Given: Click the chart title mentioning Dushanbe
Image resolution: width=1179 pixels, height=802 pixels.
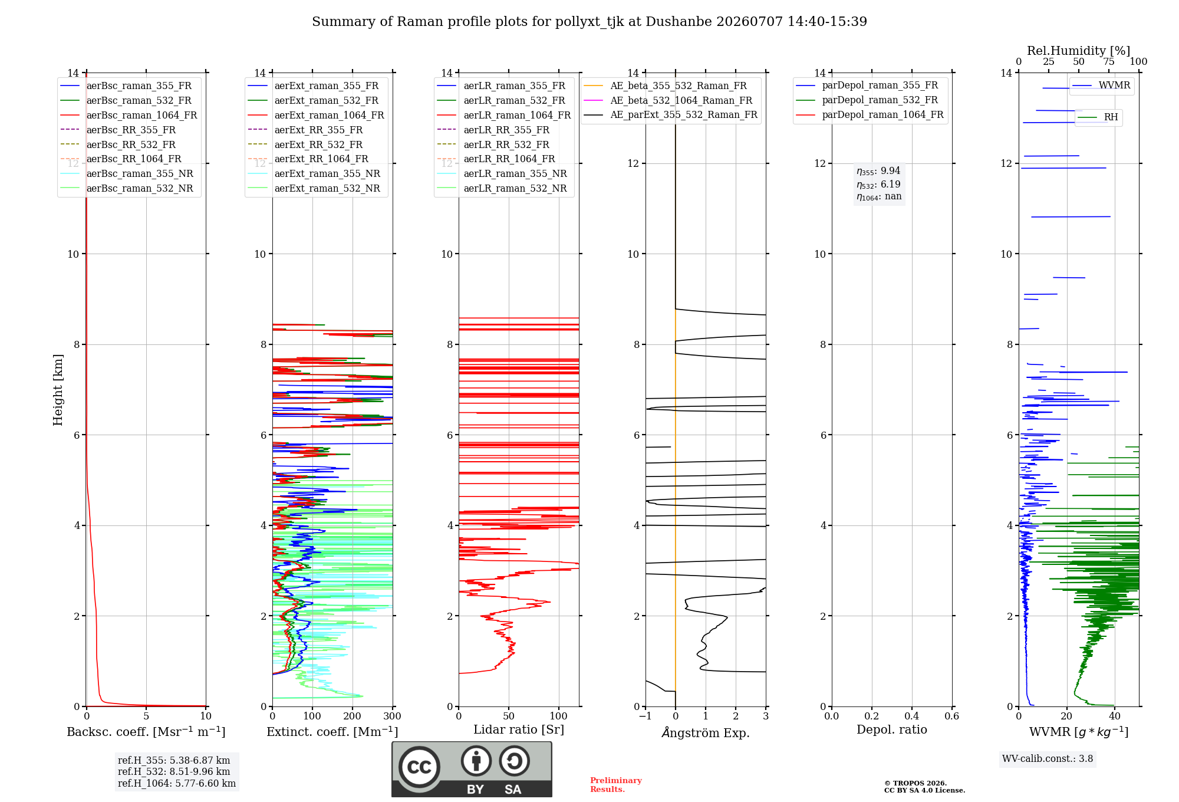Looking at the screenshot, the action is click(x=589, y=22).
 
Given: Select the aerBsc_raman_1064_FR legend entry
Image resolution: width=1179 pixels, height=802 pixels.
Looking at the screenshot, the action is click(x=129, y=115).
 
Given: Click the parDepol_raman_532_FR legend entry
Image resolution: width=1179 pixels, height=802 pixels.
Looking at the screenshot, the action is click(x=867, y=100).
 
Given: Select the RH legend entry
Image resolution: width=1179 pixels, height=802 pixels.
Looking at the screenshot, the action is click(x=1098, y=117).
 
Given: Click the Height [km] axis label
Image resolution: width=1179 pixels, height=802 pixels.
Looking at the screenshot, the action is click(x=58, y=390).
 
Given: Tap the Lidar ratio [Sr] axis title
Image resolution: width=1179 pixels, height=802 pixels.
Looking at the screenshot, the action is click(x=519, y=729).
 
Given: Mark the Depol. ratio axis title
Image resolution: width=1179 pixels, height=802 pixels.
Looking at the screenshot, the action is click(x=892, y=729).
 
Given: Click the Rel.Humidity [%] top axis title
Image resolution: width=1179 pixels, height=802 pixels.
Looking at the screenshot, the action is click(x=1079, y=51).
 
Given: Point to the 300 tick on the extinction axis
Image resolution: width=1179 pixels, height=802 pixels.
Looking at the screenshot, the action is click(x=393, y=716).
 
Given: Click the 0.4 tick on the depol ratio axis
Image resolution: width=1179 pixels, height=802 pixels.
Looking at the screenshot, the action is click(x=912, y=716).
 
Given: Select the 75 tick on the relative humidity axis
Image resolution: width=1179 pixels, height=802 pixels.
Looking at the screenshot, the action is click(x=1109, y=62).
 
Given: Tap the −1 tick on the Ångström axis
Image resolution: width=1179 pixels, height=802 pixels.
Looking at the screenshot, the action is click(x=646, y=716).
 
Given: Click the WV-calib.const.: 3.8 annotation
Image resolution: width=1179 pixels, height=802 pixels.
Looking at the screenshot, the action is click(x=1048, y=759).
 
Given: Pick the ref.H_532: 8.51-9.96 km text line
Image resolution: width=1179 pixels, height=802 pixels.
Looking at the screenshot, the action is click(x=174, y=771).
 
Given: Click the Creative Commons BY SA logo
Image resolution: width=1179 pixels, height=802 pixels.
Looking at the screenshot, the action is click(x=472, y=769).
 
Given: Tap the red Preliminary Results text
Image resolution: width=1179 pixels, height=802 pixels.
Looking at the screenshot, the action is click(x=616, y=785).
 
